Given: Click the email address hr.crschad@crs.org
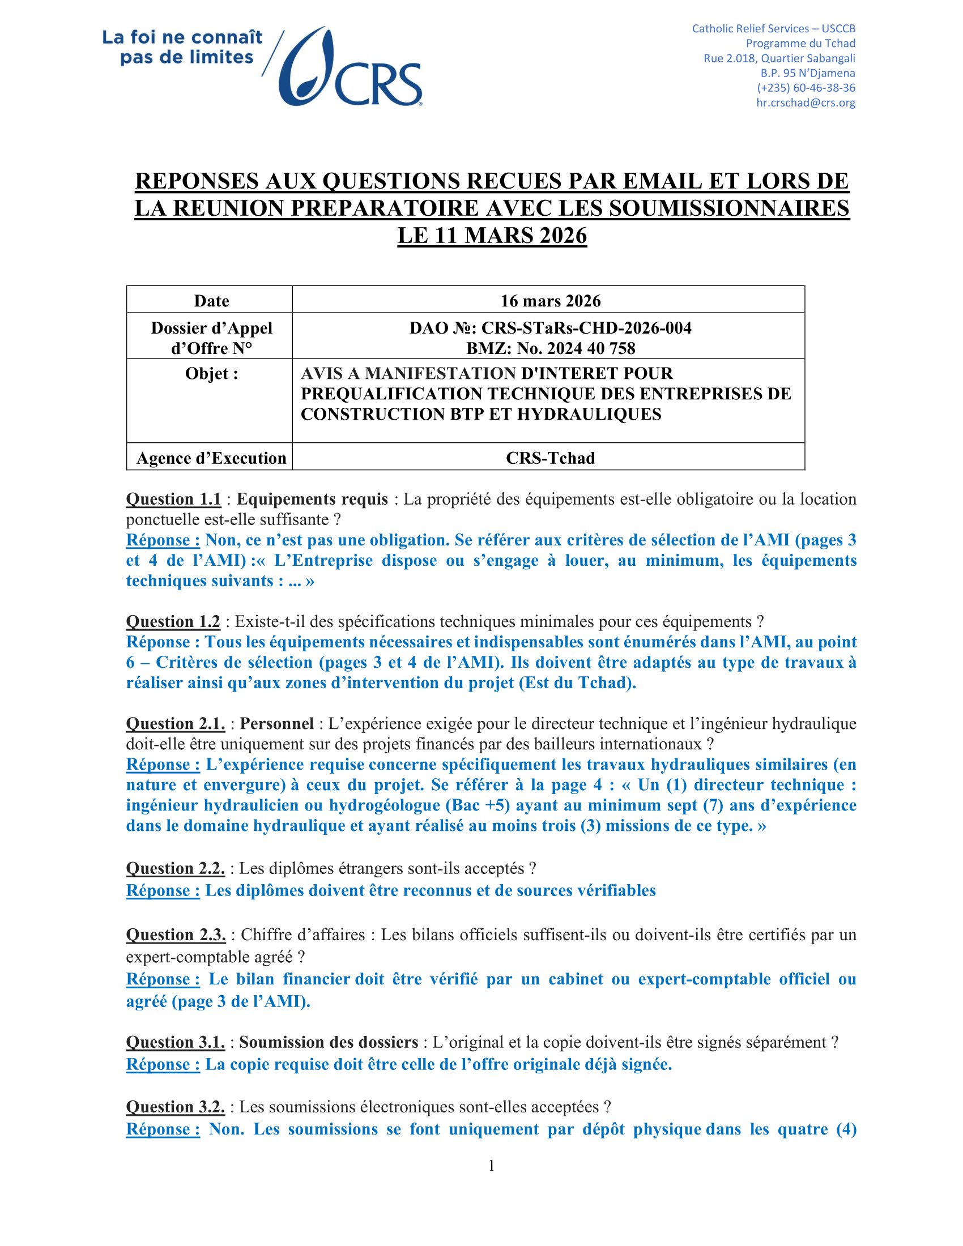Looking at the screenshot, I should pos(805,103).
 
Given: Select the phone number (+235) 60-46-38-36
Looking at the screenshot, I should pos(806,88).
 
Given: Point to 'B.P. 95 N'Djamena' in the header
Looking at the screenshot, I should pos(807,73).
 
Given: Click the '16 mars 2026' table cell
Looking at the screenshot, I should pos(550,301).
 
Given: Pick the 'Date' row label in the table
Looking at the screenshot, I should pos(211,301).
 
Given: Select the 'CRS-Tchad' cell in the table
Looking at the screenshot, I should pos(550,458).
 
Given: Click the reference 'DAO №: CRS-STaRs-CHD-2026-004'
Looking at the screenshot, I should pos(550,328).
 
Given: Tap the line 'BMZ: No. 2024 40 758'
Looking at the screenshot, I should pos(550,348).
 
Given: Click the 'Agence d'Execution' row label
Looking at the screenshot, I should pos(211,458).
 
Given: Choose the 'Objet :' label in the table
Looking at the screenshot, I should pos(211,374).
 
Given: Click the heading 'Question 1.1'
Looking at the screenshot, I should pos(173,499).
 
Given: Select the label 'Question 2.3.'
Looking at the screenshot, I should pos(176,935).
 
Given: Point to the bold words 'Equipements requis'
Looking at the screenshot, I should pos(312,499).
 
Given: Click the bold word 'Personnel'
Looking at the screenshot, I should pos(276,723).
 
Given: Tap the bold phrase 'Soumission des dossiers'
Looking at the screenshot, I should pos(329,1042).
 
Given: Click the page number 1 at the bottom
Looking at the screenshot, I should pos(491,1166).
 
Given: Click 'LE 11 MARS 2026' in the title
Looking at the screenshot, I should pos(492,236).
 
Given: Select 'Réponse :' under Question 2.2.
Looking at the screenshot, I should pos(163,890).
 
